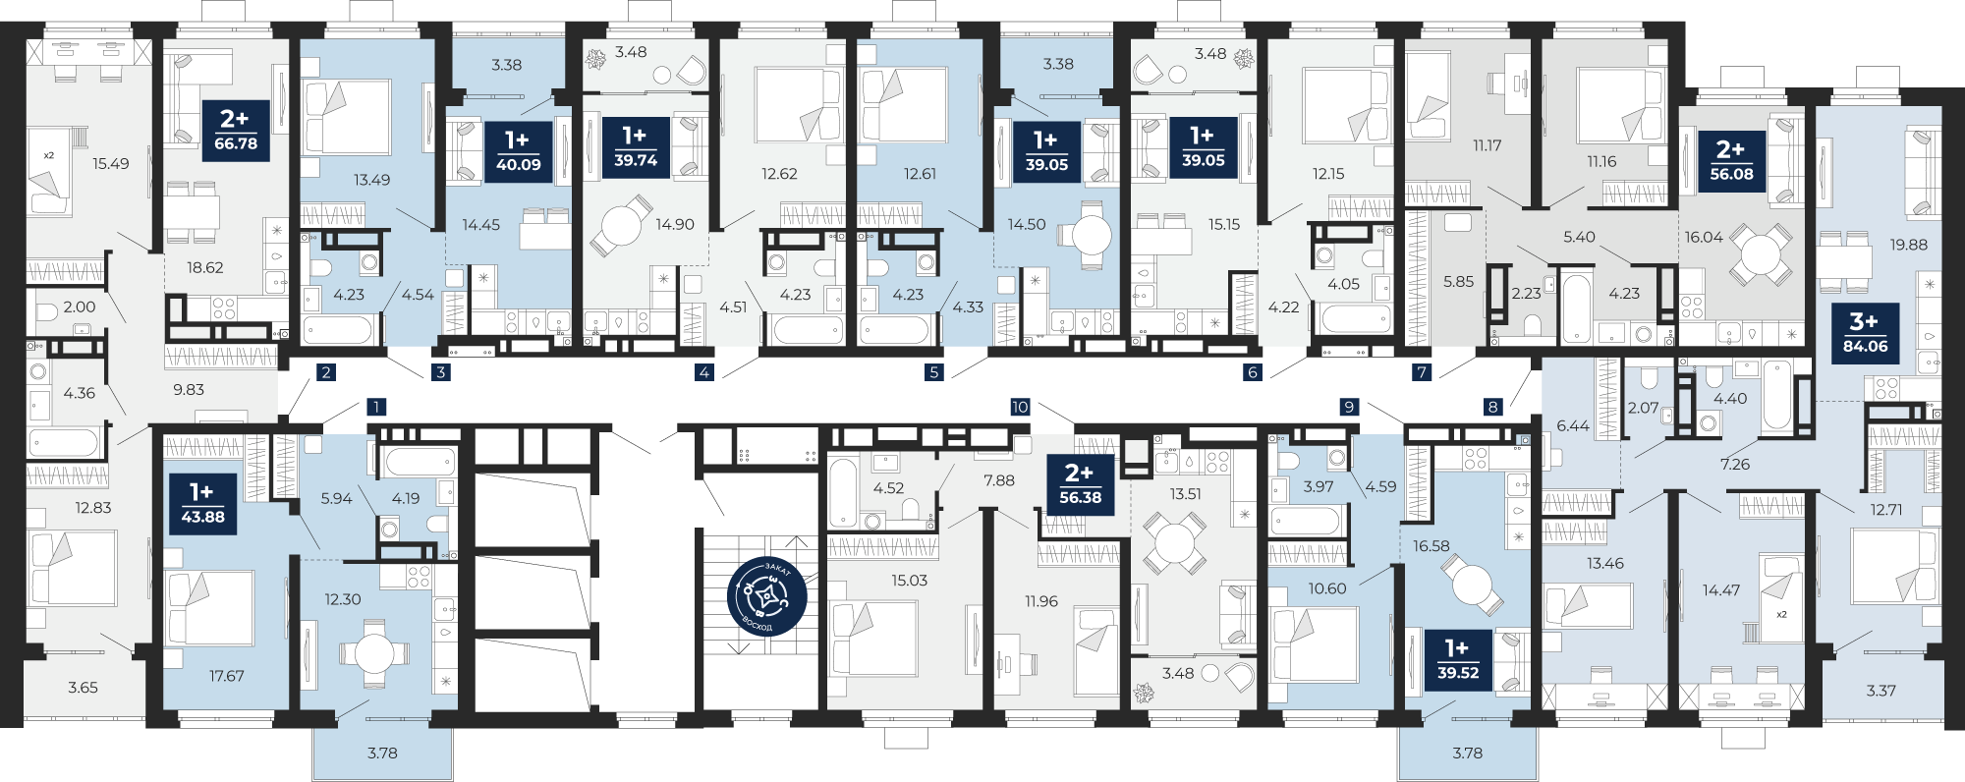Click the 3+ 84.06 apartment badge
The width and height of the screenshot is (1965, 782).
tap(1865, 333)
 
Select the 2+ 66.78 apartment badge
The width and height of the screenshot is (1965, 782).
tap(236, 131)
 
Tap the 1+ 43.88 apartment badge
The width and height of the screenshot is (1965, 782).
tap(202, 504)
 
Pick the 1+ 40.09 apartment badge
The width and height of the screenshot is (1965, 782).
tap(518, 152)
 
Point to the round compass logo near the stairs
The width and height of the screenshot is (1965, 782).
tap(767, 597)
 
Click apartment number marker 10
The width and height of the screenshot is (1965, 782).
tap(1020, 407)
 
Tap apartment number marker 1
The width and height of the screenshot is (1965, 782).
tap(376, 407)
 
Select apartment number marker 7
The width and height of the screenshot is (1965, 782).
tap(1422, 372)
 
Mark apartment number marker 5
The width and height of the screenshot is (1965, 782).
tap(934, 372)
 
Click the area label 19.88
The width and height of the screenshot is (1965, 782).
tap(1908, 245)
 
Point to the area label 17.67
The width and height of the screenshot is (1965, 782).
tap(227, 676)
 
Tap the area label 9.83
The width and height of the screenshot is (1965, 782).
tap(189, 390)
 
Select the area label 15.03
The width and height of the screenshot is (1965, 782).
tap(909, 581)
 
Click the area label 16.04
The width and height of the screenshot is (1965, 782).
tap(1704, 237)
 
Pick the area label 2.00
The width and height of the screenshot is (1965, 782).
tap(80, 307)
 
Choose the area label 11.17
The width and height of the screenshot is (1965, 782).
tap(1487, 145)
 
